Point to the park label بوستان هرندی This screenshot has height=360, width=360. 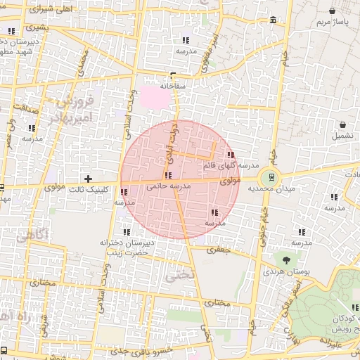(x=283, y=271)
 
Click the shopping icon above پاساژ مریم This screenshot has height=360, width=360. (x=333, y=11)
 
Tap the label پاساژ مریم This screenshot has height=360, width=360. (x=332, y=22)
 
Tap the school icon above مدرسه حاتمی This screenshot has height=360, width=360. (x=167, y=174)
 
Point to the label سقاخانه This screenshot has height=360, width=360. (x=172, y=86)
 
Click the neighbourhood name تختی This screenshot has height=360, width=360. (x=177, y=276)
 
